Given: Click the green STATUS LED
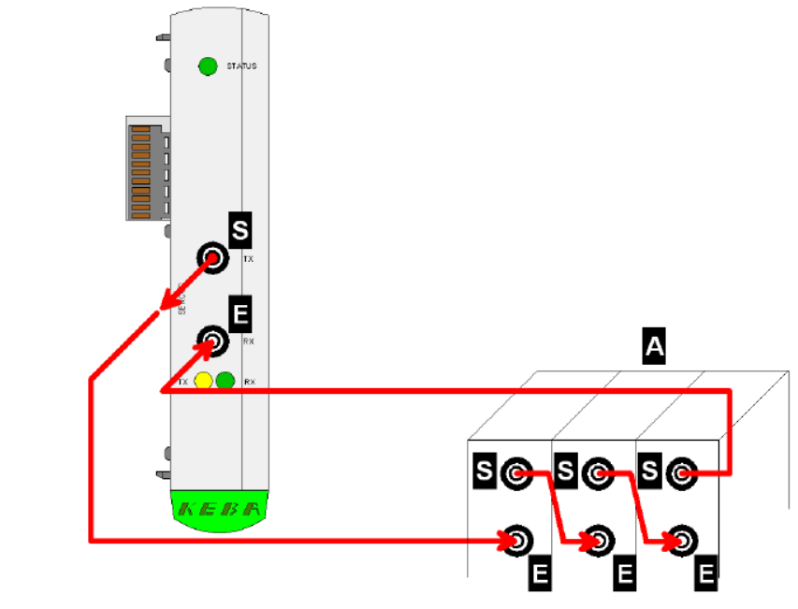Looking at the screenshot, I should click(x=208, y=66).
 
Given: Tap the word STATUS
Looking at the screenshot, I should click(x=241, y=66).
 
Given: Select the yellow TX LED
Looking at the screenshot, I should click(x=204, y=381).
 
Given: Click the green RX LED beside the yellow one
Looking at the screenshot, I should click(x=225, y=381).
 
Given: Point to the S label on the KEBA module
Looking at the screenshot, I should click(x=240, y=229).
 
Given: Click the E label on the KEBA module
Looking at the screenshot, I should click(x=240, y=314).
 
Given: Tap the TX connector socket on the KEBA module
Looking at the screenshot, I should click(x=213, y=258).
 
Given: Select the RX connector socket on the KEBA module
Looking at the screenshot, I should click(x=213, y=341).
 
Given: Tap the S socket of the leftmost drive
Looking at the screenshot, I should click(x=515, y=473).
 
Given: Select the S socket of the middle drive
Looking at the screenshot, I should click(x=597, y=473).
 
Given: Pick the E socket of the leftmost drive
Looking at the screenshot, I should click(x=516, y=540).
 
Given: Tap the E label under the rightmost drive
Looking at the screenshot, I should click(x=706, y=573).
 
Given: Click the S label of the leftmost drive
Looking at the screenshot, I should click(x=484, y=471).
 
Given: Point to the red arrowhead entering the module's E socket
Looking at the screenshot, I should click(x=203, y=348).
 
